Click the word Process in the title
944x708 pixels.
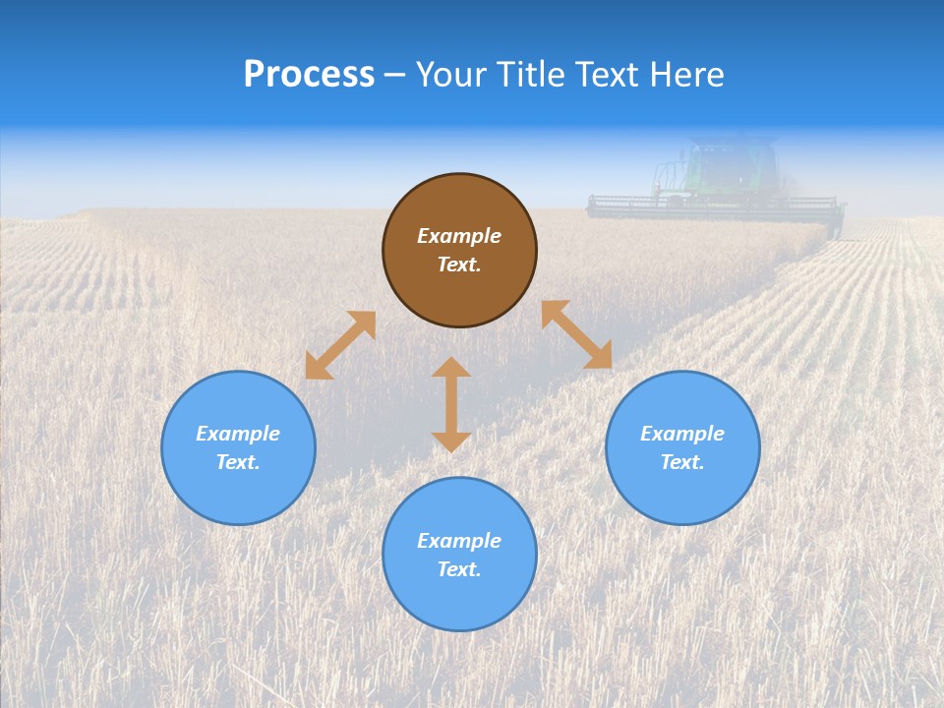(x=309, y=75)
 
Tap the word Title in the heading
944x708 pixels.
(x=535, y=75)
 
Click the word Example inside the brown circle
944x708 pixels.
(x=459, y=236)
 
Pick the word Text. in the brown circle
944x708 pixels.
(x=459, y=265)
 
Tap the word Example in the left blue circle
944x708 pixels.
(x=238, y=434)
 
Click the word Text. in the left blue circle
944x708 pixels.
(x=238, y=462)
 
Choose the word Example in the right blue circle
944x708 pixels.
(x=682, y=434)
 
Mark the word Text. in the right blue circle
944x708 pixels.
(x=682, y=462)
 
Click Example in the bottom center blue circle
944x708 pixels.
(x=459, y=541)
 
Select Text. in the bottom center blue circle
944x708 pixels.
(x=459, y=569)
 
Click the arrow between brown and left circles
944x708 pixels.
(x=340, y=345)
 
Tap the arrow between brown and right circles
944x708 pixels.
(x=577, y=334)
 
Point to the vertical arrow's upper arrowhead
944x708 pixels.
(x=451, y=368)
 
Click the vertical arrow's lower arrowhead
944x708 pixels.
(x=451, y=442)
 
